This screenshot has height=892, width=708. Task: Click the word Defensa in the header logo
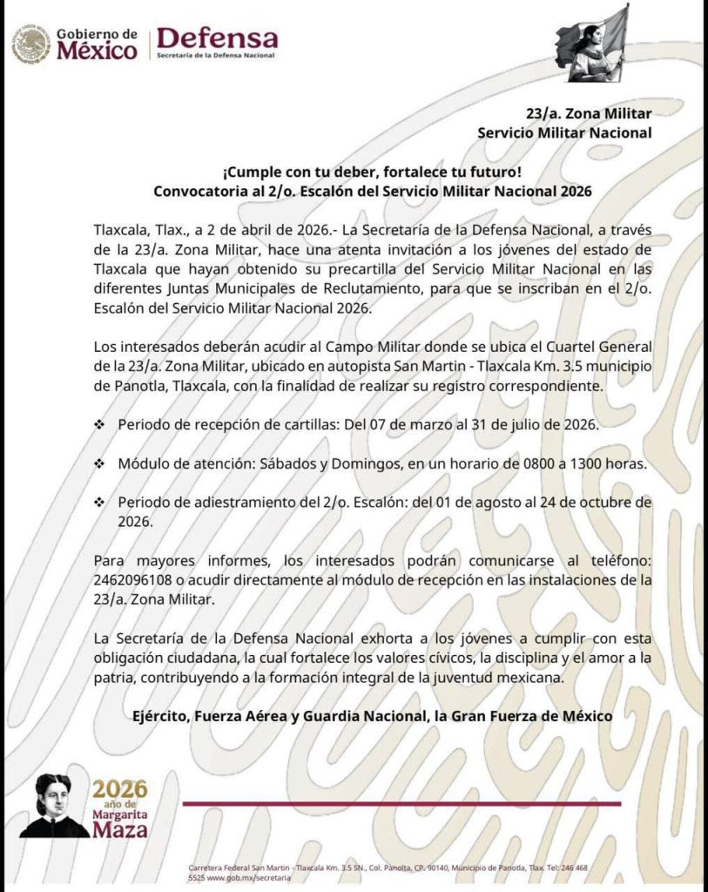(217, 37)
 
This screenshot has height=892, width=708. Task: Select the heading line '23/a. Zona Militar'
(590, 113)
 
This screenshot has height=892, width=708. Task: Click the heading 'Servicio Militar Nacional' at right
(564, 132)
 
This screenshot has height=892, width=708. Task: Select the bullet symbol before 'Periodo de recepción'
(99, 424)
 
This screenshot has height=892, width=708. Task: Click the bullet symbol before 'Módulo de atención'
(99, 463)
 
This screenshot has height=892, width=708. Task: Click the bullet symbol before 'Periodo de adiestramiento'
(99, 503)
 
